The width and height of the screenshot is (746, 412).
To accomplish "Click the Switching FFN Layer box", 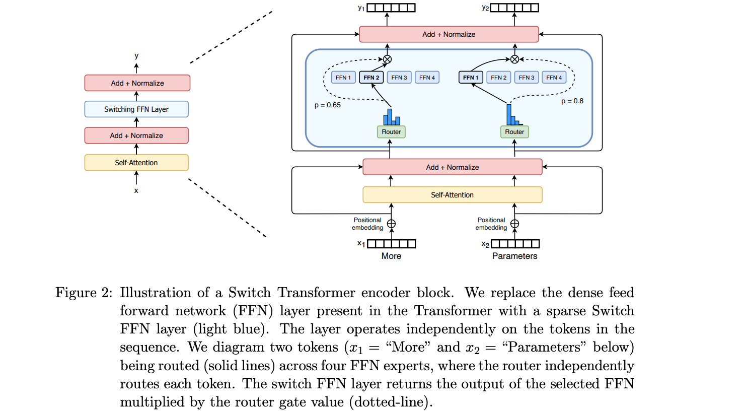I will (x=136, y=109).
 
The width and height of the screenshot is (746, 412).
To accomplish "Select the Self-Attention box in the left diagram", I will (x=136, y=163).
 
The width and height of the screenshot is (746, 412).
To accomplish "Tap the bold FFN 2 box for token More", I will (x=371, y=78).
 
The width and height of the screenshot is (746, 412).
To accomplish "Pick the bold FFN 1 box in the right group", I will (x=471, y=78).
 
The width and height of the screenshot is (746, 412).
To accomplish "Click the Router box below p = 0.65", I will (x=391, y=132).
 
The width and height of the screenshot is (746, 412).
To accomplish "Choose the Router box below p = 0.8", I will (x=514, y=132).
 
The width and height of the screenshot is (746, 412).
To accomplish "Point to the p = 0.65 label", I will (x=328, y=105).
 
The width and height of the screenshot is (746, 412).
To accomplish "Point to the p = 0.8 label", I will (x=572, y=101).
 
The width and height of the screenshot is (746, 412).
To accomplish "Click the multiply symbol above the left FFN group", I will (x=387, y=59).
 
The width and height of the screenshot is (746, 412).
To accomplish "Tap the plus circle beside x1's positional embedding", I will (x=391, y=224).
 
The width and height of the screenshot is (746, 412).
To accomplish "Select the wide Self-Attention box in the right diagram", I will (x=453, y=195).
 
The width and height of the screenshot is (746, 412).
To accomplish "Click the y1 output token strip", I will (x=391, y=8).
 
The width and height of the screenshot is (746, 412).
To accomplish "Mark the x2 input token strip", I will (x=515, y=244).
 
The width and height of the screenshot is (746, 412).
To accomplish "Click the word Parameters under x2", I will (x=514, y=256).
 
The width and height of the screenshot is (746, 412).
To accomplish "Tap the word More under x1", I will (x=391, y=256).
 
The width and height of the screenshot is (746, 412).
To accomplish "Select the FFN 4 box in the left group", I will (x=427, y=78).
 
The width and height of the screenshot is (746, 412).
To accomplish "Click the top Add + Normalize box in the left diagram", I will (x=137, y=83).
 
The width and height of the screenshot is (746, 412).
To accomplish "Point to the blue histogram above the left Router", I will (x=392, y=117).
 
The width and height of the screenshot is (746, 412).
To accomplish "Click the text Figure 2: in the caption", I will (x=84, y=293).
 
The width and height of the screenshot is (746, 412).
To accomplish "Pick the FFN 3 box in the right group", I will (x=527, y=78).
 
